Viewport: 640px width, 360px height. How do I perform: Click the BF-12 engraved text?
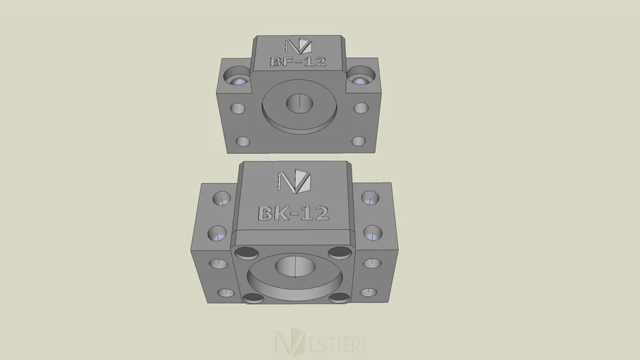coord(298,62)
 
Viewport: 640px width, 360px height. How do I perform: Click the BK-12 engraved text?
coord(293,213)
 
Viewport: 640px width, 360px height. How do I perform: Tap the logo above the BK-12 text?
coord(294,181)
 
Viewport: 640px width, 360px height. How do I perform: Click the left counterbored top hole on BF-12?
coord(238,75)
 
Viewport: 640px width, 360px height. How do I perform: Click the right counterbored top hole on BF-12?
coord(361,75)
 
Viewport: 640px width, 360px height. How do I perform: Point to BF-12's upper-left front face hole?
coord(238,109)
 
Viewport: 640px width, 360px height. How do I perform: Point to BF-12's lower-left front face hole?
coord(243,141)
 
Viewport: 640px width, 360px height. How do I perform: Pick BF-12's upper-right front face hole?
coord(361,108)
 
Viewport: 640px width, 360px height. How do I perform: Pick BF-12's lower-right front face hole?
coord(358,141)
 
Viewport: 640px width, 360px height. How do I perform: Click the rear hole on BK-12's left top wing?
coord(222,198)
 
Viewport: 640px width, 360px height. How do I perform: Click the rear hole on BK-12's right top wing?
coord(370,198)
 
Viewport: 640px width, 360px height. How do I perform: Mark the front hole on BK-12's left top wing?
coord(217,233)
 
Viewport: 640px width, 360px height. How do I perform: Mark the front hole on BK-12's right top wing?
coord(373,232)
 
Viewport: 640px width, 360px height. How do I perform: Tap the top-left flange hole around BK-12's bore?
coord(247,253)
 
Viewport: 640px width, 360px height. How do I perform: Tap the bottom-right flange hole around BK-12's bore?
coord(340,298)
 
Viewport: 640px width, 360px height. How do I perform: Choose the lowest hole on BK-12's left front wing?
coord(226,292)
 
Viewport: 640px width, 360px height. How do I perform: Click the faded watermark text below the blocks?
coord(320,343)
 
